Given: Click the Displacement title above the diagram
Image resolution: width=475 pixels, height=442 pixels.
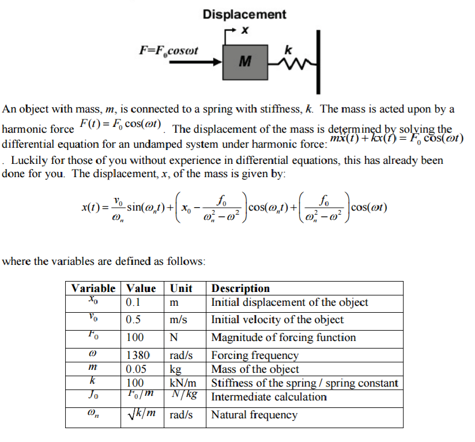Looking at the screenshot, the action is coord(244,14).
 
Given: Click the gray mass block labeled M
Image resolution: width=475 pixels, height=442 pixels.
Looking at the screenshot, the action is coord(245,61).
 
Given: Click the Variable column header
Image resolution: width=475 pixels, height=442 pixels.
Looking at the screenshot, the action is coord(93,288).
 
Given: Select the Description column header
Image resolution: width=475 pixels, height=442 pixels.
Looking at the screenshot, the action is coord(240,288).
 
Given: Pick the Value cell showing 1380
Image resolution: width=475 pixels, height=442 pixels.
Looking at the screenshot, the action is coord(138,355).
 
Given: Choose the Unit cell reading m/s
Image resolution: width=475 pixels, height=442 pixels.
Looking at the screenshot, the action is coord(180,320).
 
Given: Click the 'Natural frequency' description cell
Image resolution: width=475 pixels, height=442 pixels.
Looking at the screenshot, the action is coord(254,415).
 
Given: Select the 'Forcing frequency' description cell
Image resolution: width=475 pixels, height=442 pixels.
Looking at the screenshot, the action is coord(255,355).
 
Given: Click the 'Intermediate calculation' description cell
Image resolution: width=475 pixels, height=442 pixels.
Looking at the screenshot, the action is coord(269,397).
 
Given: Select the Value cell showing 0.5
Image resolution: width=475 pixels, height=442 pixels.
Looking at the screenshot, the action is coord(135,320).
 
